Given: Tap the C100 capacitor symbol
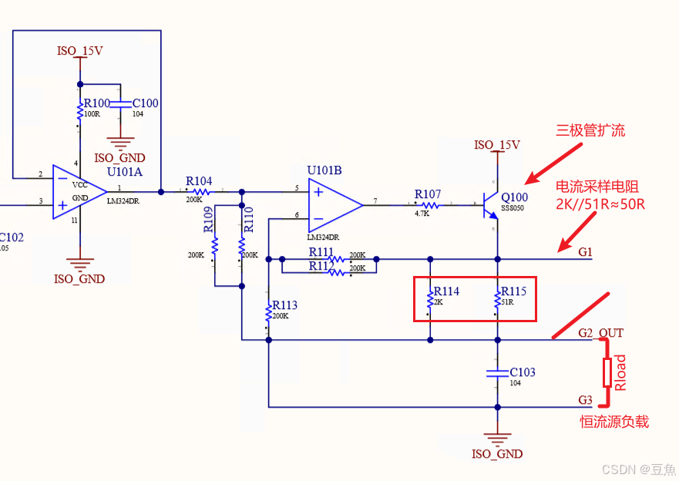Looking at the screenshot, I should click(120, 103).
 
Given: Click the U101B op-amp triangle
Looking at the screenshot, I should click(334, 205).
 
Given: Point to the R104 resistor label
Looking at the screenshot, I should click(199, 181).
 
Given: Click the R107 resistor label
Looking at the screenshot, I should click(428, 193).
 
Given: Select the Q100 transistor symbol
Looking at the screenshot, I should click(490, 205).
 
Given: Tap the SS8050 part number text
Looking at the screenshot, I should click(513, 209).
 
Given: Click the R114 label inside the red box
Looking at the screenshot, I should click(446, 291).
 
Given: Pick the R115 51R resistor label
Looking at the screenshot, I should click(514, 291).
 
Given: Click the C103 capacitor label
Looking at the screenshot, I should click(523, 372).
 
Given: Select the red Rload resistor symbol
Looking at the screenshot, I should click(607, 372).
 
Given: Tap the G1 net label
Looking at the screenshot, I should click(586, 252).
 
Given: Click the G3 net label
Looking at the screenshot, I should click(586, 400).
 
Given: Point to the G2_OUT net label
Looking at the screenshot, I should click(601, 333).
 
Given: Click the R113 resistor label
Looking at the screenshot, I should click(284, 305).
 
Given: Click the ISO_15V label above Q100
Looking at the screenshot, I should click(497, 145).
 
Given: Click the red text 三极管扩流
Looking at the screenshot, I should click(590, 130).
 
